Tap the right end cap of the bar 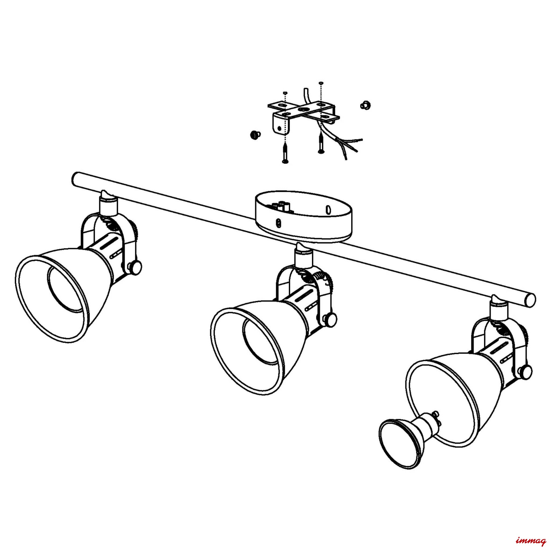click(530, 300)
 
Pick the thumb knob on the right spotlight click(525, 370)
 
